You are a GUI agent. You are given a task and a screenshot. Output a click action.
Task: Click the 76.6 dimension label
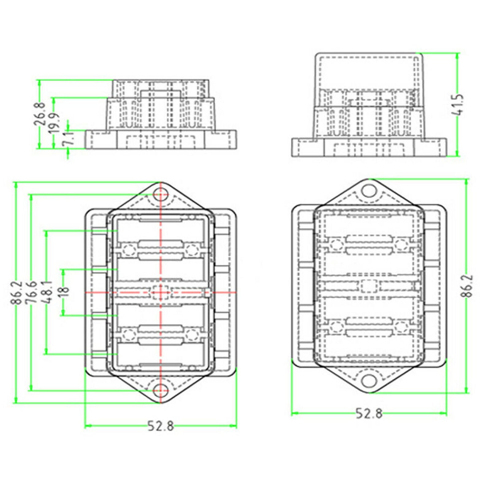[32, 293]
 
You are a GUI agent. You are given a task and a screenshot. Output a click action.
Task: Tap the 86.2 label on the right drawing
[467, 286]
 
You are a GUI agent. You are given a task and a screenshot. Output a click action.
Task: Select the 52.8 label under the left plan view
[161, 426]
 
